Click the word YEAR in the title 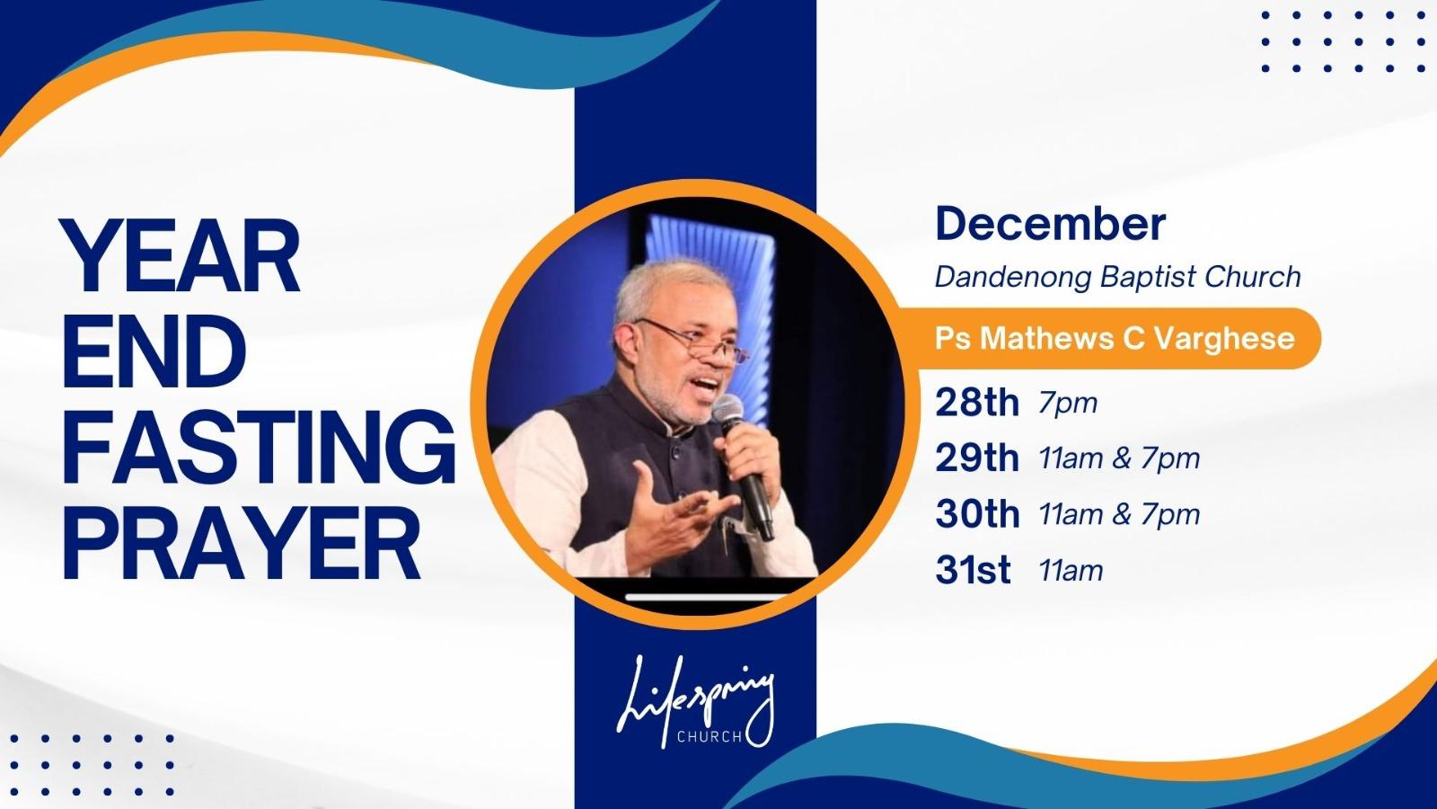point(181,255)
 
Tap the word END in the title point(154,351)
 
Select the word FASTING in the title point(259,447)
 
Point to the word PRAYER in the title point(242,543)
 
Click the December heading point(1050,224)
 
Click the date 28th point(977,403)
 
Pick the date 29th point(977,458)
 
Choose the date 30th point(977,514)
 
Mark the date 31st point(974,570)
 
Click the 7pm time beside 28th point(1068,404)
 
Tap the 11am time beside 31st point(1071,570)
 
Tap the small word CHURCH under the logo point(709,736)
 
